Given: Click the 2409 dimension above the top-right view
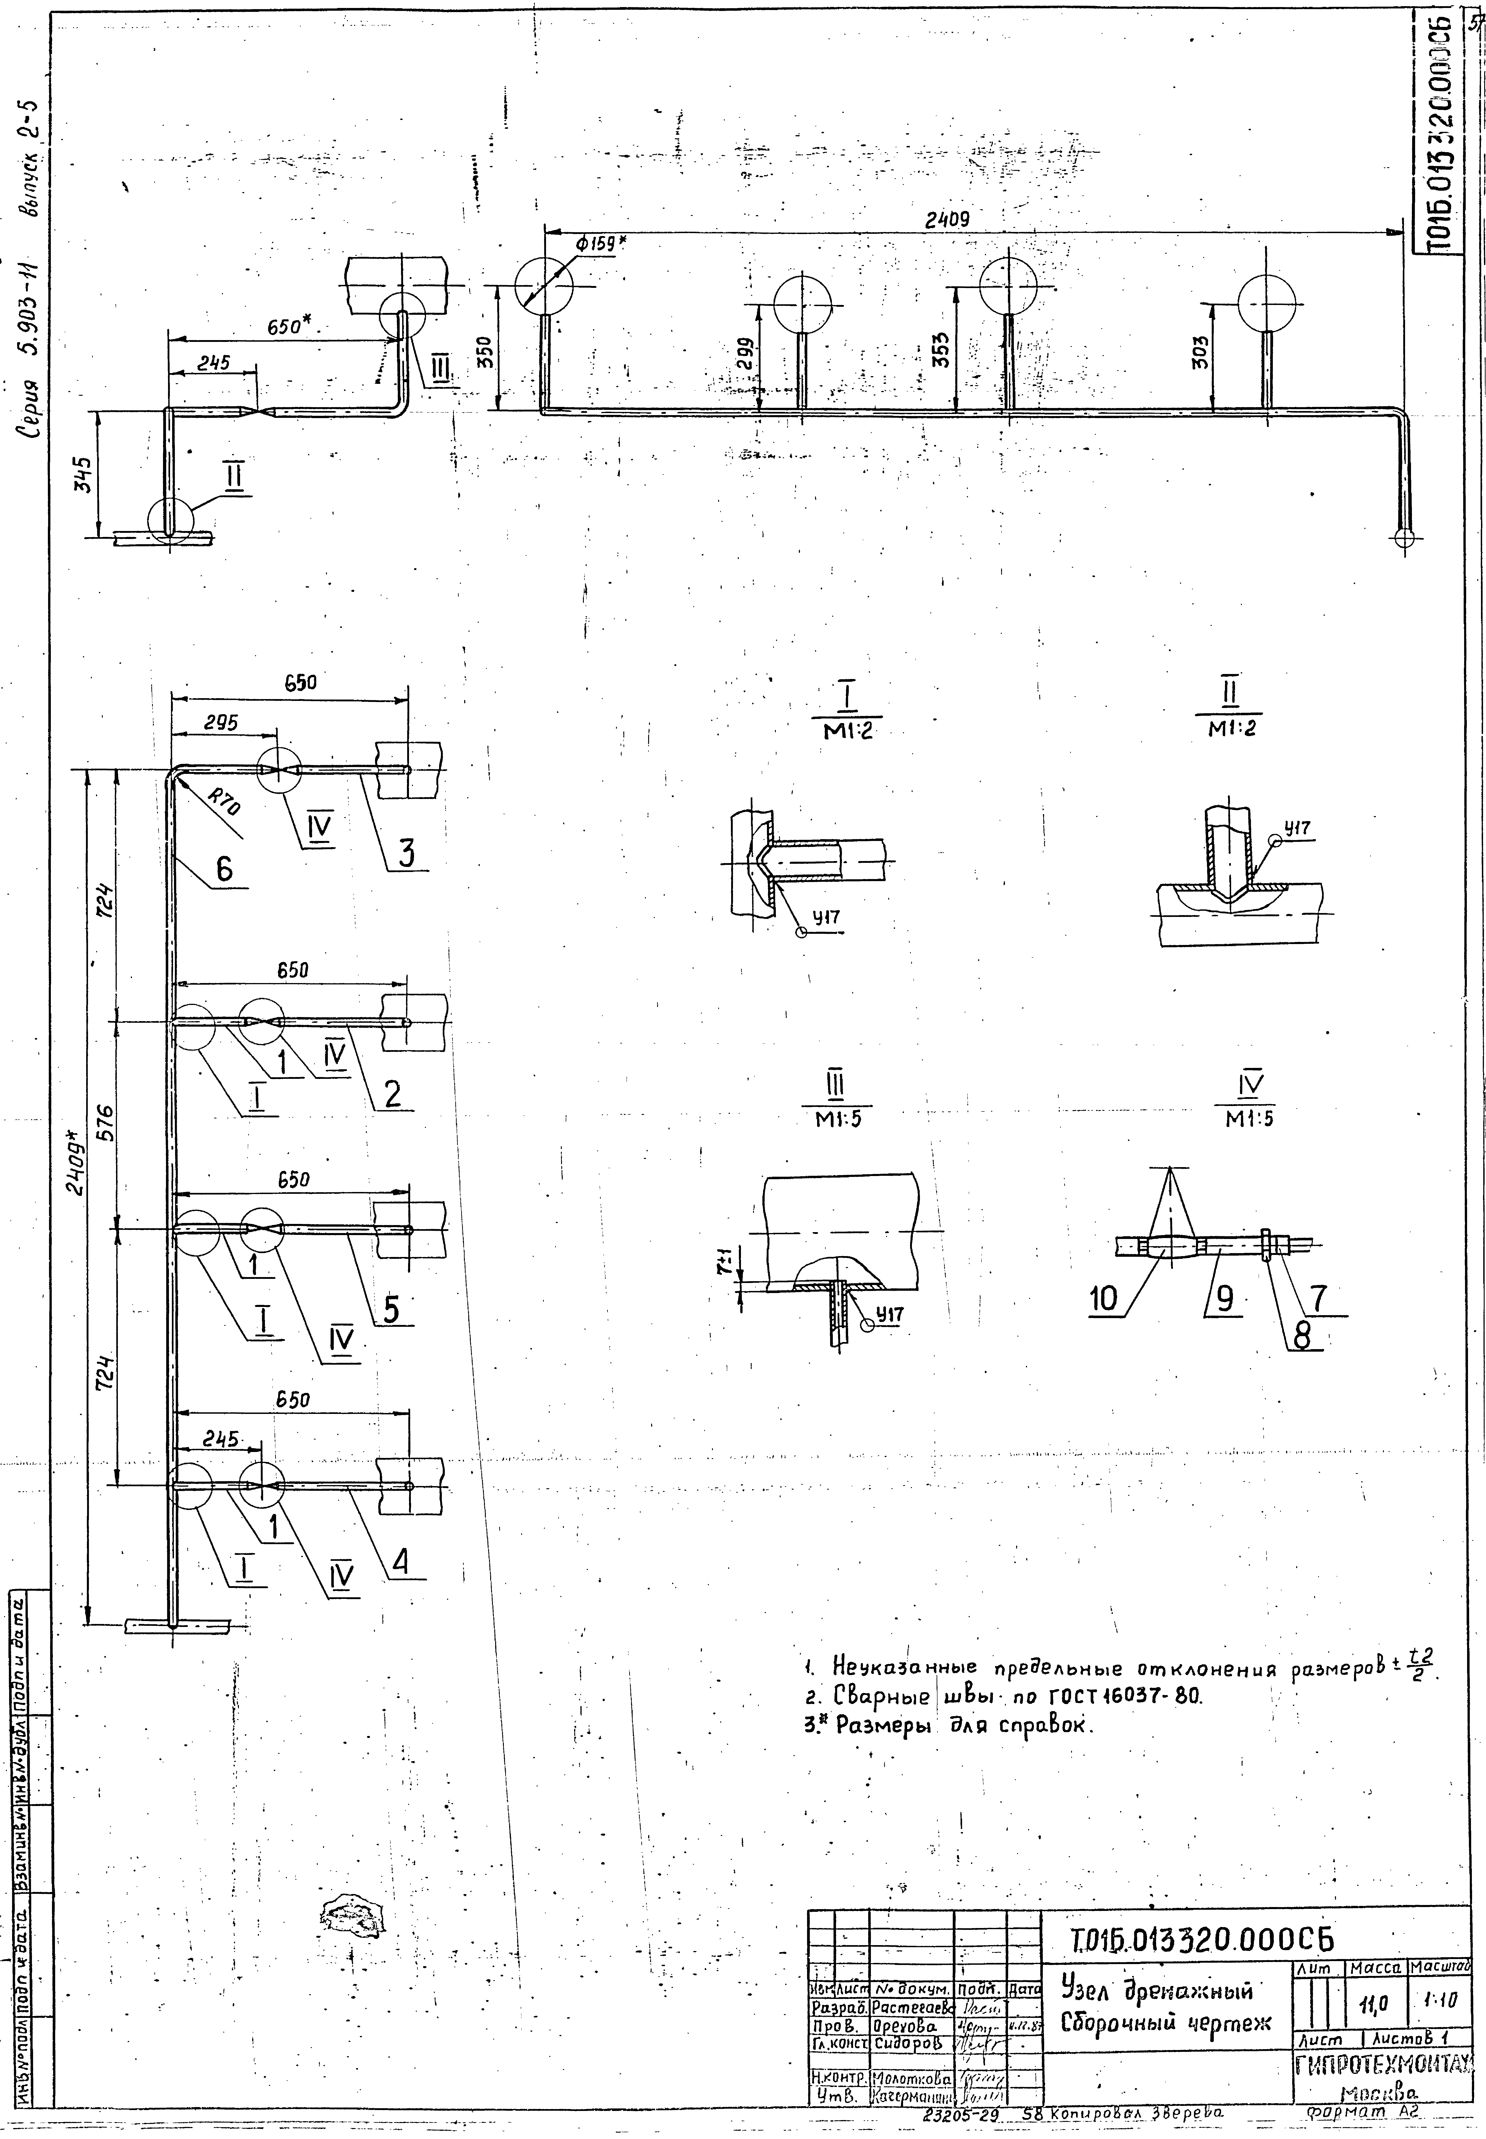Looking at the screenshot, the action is [947, 220].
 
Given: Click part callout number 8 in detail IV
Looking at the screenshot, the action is [1302, 1335].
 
